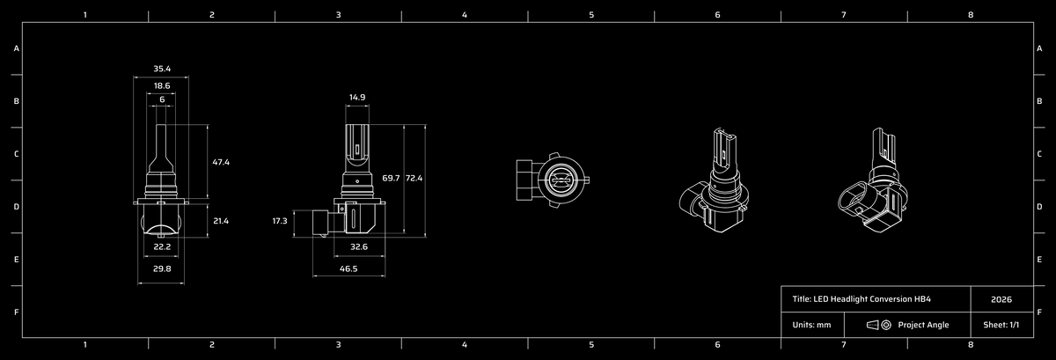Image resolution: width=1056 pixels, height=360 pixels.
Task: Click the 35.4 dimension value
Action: click(x=162, y=69)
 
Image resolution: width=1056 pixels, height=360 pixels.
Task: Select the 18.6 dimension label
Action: click(x=162, y=86)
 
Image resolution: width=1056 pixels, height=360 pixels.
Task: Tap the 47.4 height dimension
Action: click(x=221, y=162)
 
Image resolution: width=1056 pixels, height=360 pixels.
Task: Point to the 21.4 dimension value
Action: click(x=221, y=221)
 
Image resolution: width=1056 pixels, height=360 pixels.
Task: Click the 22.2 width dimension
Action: click(x=162, y=246)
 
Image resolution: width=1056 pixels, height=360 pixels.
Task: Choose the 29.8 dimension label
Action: click(x=162, y=269)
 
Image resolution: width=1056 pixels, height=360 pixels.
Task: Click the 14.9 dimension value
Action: click(x=357, y=98)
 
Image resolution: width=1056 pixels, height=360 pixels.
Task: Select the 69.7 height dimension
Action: click(x=391, y=179)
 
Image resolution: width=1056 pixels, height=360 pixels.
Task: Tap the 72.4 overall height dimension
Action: click(x=414, y=179)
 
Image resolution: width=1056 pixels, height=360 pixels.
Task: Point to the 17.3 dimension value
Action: click(x=280, y=221)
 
